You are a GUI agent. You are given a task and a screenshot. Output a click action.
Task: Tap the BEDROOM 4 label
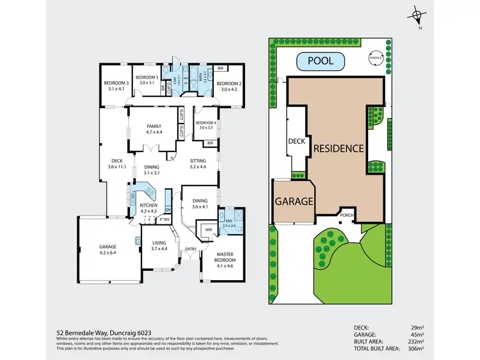206,125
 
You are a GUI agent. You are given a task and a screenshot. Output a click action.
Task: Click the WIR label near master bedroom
208,229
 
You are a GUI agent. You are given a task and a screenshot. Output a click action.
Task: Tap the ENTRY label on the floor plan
191,249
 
